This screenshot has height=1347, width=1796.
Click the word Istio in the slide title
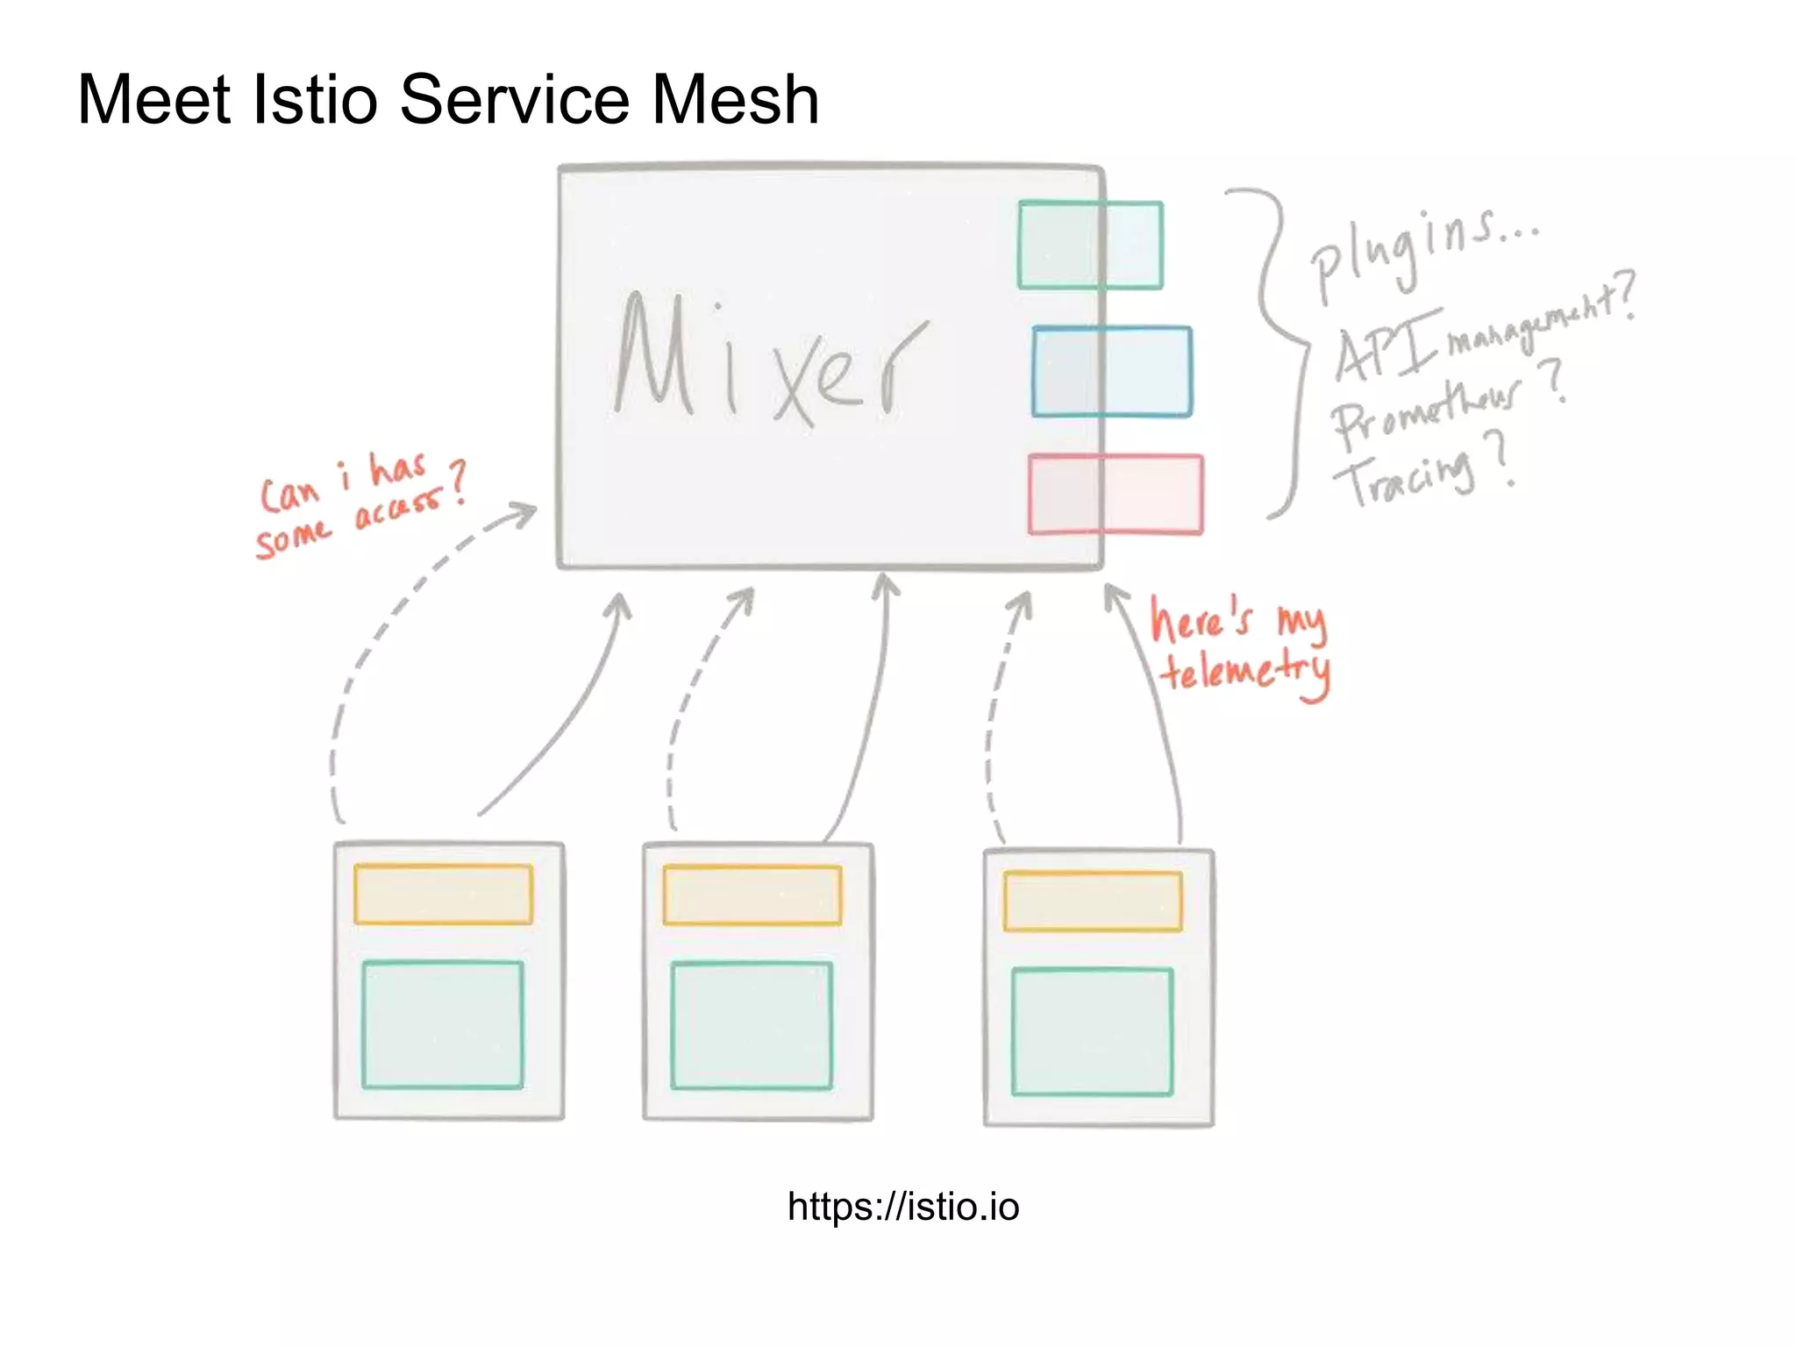[x=314, y=99]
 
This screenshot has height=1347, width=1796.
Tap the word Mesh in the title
[x=735, y=99]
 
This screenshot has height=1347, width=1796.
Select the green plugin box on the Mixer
[x=1090, y=246]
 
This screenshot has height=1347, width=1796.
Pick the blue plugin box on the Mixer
[x=1111, y=372]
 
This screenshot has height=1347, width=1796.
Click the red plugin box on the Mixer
[x=1115, y=495]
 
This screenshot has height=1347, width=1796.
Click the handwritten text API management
[x=1482, y=333]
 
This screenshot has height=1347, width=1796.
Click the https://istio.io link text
[x=902, y=1207]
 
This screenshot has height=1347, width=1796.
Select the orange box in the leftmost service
[x=443, y=894]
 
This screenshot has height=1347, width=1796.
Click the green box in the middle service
[x=751, y=1025]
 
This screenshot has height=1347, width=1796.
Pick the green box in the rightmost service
[x=1092, y=1031]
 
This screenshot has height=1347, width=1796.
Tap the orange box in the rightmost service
[x=1092, y=901]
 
